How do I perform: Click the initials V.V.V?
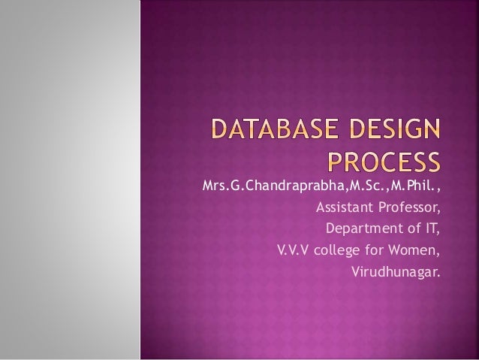point(293,249)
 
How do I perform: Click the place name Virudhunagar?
point(396,270)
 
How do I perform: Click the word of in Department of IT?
point(414,228)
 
